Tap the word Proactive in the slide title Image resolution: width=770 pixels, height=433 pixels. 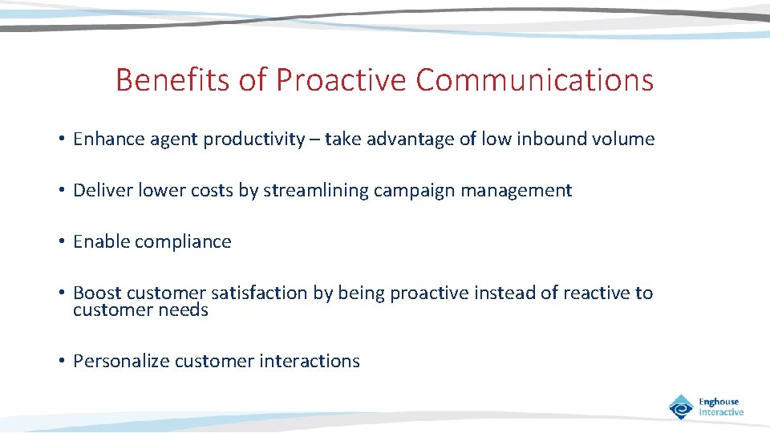[x=342, y=80]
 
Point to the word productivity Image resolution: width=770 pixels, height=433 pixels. [x=253, y=140]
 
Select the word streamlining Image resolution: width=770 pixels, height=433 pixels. [x=313, y=191]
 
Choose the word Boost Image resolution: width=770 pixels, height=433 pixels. [x=97, y=293]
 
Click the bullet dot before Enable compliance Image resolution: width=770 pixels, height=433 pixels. [x=62, y=242]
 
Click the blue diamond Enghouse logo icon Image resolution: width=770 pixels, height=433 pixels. [x=681, y=407]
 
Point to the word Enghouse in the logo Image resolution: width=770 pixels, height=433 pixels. [x=719, y=402]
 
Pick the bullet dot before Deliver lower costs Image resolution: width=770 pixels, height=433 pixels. [x=62, y=191]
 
